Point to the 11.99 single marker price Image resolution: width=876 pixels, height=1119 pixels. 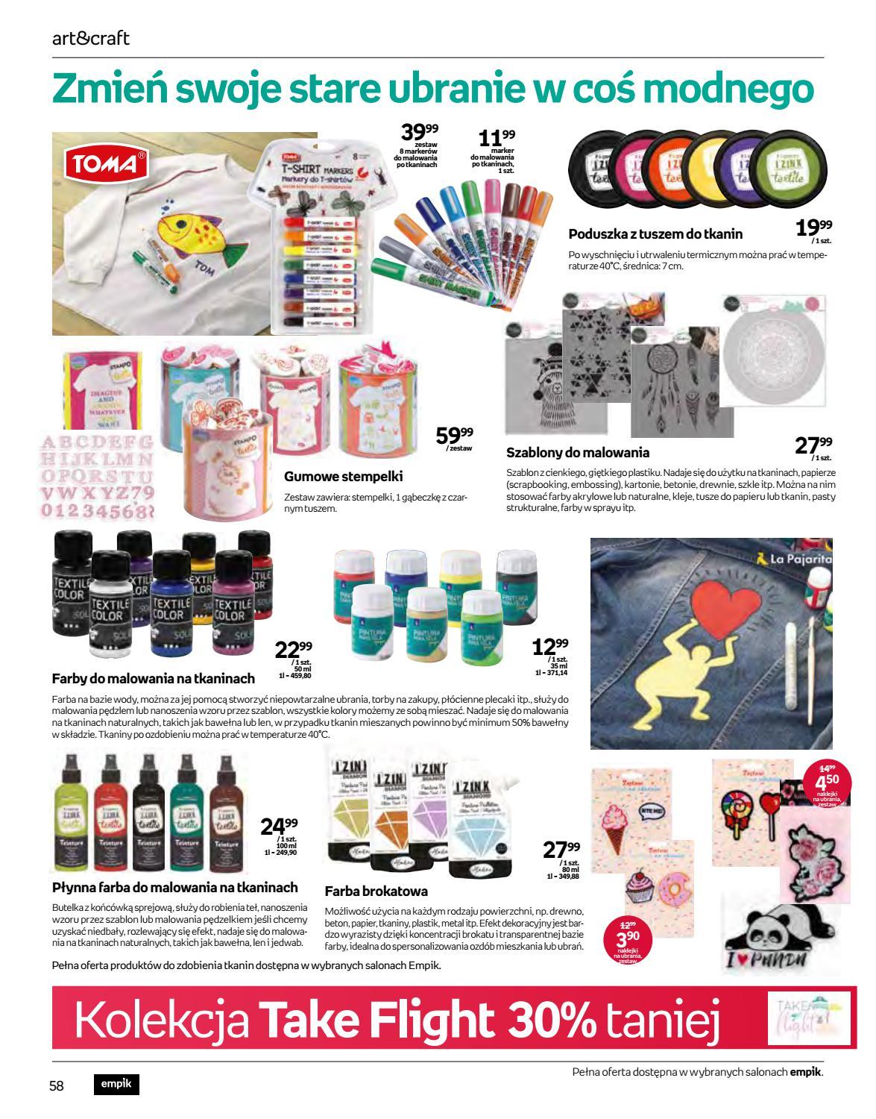coord(497,139)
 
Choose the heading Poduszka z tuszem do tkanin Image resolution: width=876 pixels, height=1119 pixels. coord(655,233)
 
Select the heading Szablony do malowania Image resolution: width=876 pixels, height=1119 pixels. coord(578,452)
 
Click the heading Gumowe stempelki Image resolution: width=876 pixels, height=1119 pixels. coord(344,476)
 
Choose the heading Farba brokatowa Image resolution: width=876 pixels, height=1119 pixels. coord(376,891)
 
